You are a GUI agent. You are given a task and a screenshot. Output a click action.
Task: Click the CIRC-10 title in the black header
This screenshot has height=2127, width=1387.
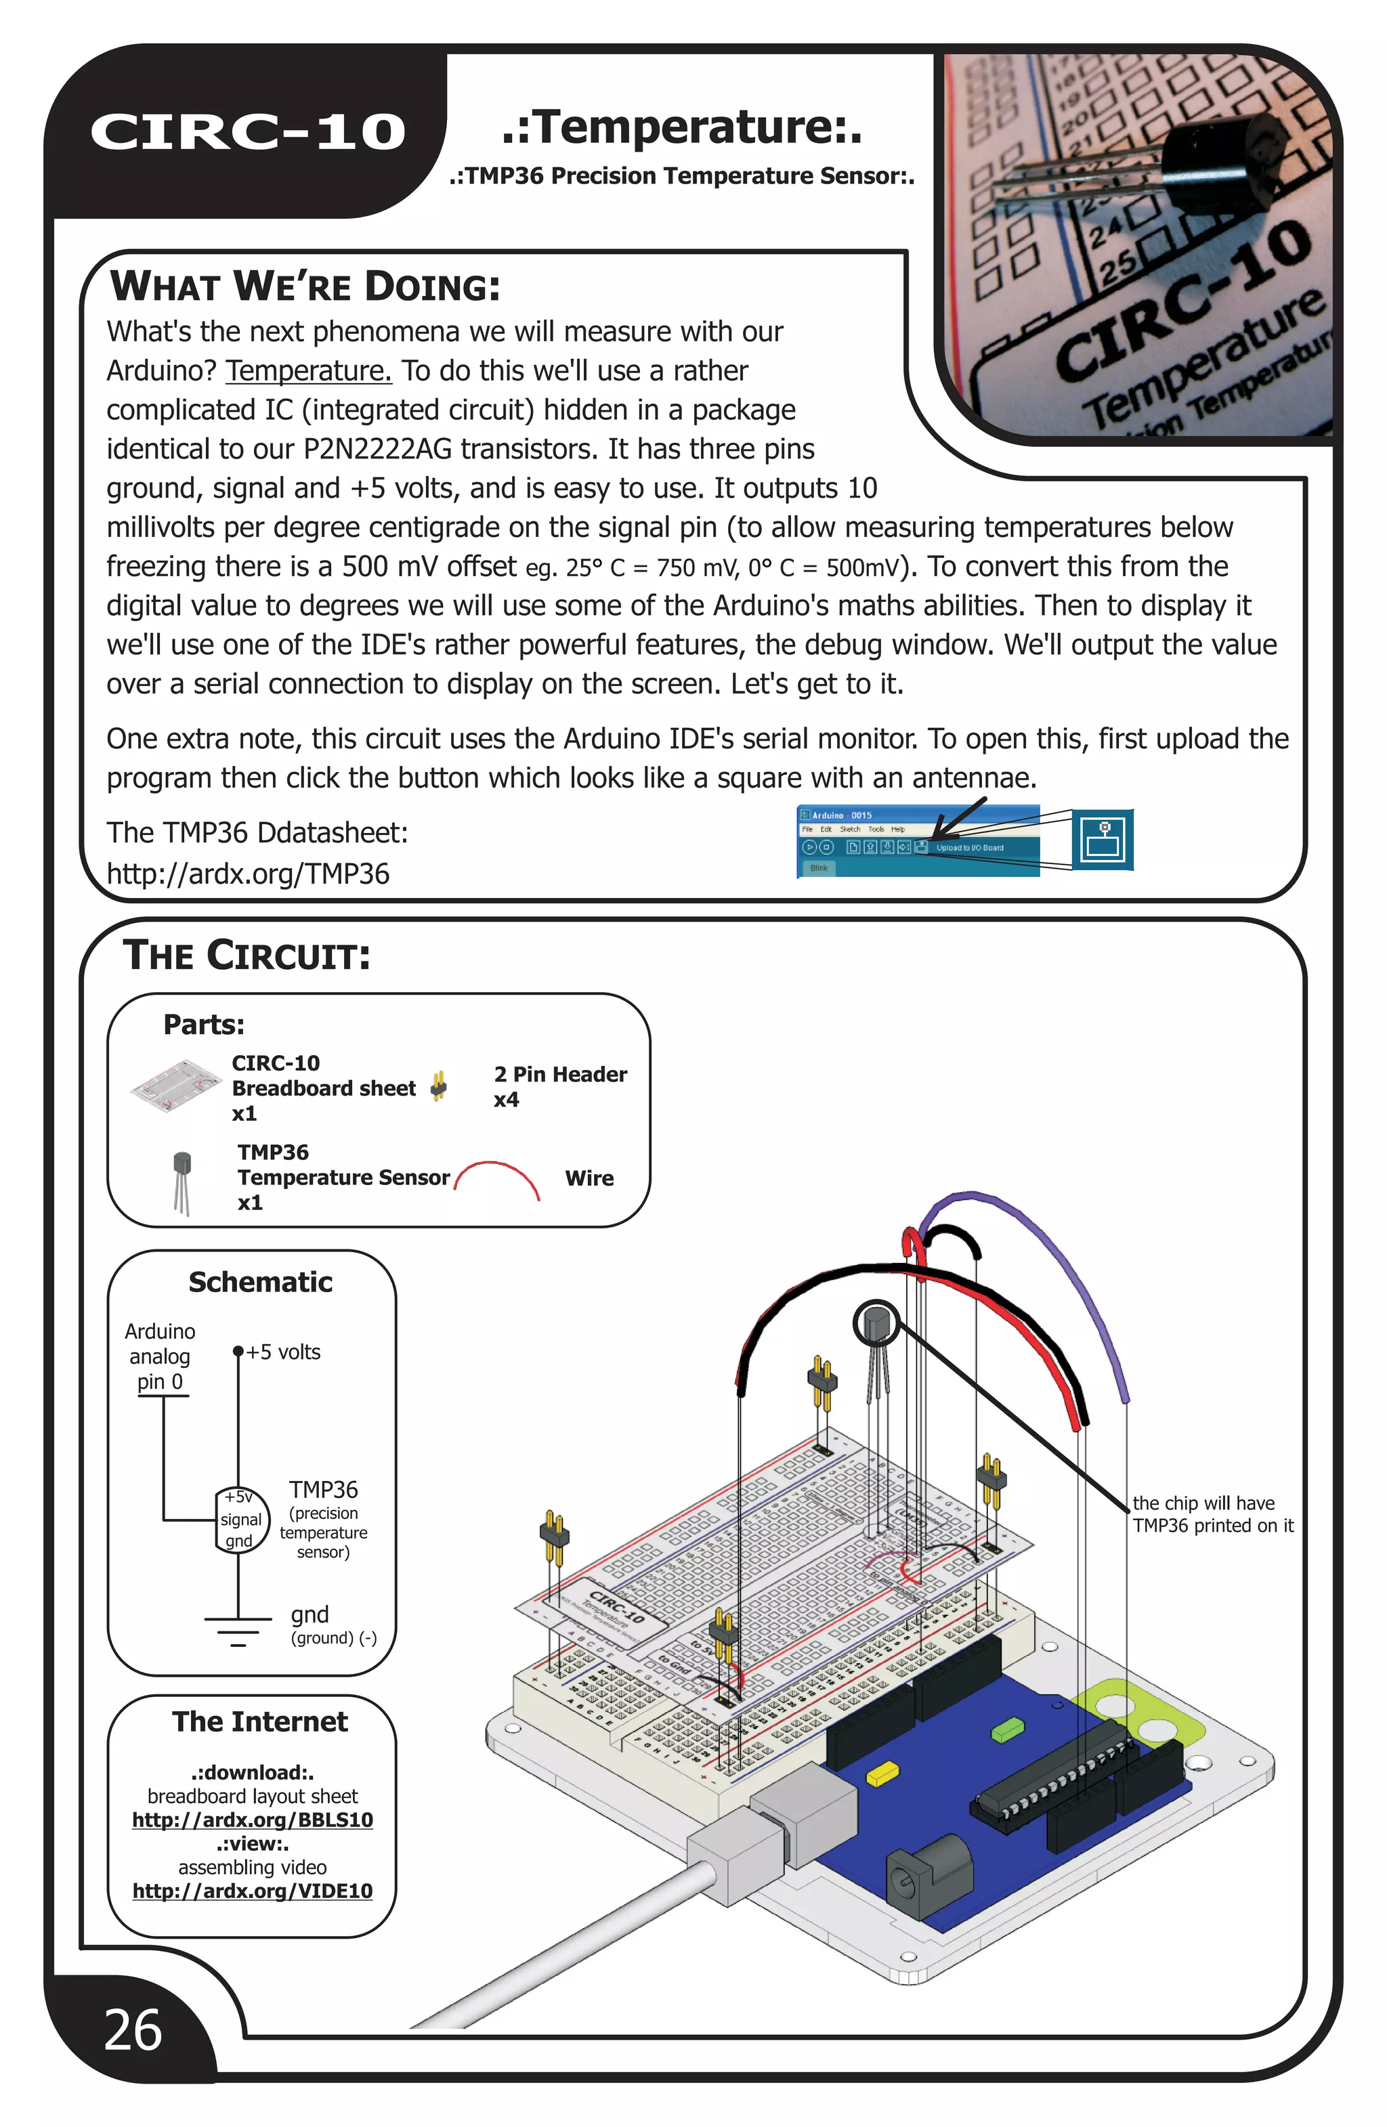coord(248,131)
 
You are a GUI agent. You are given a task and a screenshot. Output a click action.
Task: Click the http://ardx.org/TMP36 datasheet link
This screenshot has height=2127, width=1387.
coord(248,873)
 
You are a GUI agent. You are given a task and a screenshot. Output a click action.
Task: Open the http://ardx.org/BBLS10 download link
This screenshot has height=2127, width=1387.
coord(252,1820)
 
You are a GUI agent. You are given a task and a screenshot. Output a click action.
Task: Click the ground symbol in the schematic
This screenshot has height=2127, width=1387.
coord(238,1629)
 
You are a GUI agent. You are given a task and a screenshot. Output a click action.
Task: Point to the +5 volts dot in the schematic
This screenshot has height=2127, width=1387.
coord(238,1351)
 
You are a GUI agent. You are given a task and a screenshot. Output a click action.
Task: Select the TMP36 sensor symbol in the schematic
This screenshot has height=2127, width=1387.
coord(241,1520)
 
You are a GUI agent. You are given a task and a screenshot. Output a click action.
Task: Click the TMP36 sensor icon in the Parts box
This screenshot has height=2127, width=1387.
coord(182,1182)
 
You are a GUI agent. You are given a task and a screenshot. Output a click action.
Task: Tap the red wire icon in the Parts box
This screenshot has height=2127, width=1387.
coord(497,1178)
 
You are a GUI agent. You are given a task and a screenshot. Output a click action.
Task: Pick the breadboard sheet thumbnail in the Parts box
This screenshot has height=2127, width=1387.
coord(176,1085)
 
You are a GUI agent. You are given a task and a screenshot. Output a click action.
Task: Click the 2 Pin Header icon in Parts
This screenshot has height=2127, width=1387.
coord(438,1086)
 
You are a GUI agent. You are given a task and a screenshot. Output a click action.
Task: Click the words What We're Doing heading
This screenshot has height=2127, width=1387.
coord(305,286)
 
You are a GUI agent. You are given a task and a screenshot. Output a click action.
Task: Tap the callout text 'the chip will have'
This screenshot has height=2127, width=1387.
coord(1203,1503)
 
